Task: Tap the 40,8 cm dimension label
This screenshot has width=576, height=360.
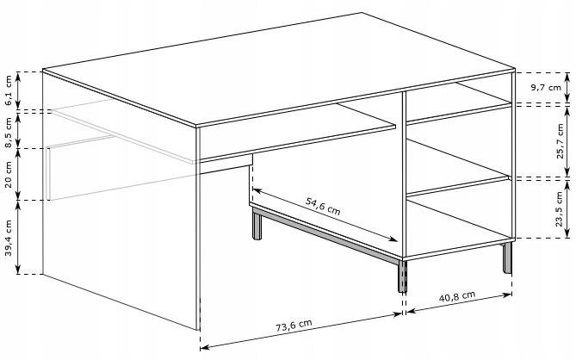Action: pyautogui.click(x=457, y=295)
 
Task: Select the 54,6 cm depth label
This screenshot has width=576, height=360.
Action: pyautogui.click(x=323, y=206)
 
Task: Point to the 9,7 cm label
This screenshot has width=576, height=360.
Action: pyautogui.click(x=546, y=88)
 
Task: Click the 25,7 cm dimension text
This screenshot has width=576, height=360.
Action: pyautogui.click(x=560, y=141)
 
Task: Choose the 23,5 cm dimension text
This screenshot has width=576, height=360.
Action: pyautogui.click(x=559, y=209)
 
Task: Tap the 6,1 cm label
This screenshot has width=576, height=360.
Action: pyautogui.click(x=9, y=90)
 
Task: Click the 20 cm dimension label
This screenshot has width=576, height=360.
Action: pyautogui.click(x=9, y=175)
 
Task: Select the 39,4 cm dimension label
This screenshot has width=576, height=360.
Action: pyautogui.click(x=9, y=238)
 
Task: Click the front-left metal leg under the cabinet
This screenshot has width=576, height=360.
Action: pyautogui.click(x=257, y=224)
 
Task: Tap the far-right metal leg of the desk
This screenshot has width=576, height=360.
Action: pyautogui.click(x=507, y=258)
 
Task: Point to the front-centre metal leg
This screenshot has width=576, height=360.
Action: pyautogui.click(x=403, y=276)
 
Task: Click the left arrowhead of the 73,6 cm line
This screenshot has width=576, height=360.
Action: pyautogui.click(x=204, y=346)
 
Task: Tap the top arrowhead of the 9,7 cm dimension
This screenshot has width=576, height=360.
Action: pyautogui.click(x=567, y=76)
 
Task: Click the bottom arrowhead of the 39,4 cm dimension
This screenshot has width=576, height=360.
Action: pyautogui.click(x=18, y=270)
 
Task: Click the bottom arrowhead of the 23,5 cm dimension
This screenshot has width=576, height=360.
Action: pyautogui.click(x=567, y=233)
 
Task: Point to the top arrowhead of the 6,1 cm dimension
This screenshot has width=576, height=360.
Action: pyautogui.click(x=18, y=76)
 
